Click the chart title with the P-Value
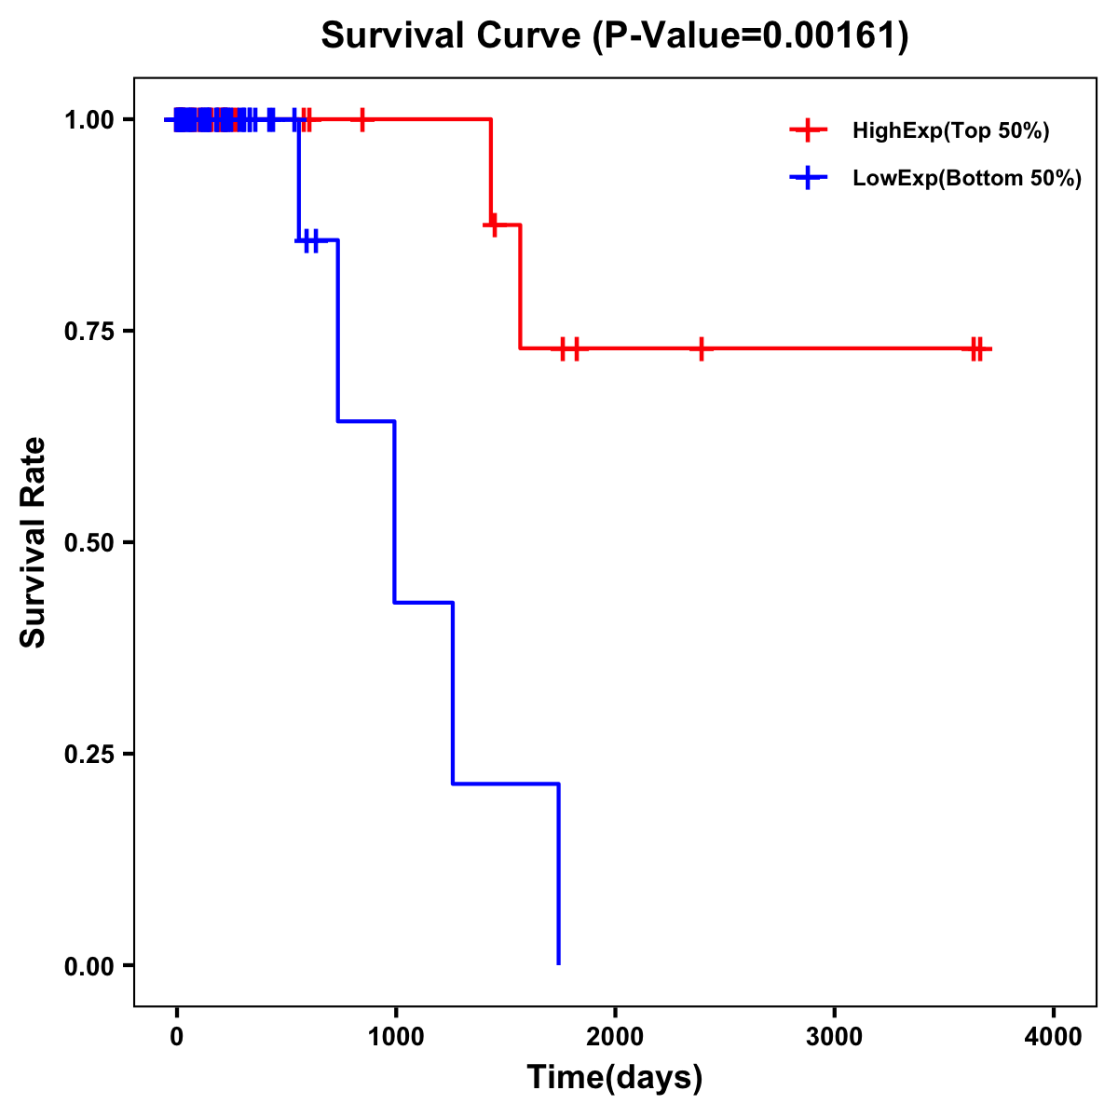(615, 35)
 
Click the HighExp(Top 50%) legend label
(951, 131)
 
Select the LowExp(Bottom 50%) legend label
(967, 178)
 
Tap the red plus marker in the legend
(808, 130)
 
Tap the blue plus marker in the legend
(808, 178)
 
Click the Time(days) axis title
(615, 1078)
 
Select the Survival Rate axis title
(34, 542)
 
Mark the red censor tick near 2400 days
(701, 348)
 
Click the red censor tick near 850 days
(362, 119)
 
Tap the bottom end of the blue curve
(558, 962)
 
